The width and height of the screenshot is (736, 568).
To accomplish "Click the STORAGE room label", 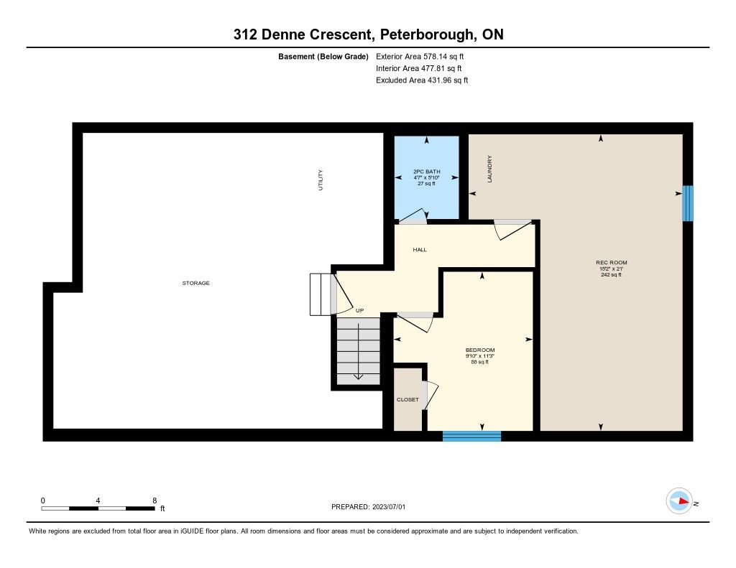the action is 195,283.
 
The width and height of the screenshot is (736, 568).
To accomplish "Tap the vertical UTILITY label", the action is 321,180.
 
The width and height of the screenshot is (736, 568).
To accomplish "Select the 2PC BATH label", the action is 427,172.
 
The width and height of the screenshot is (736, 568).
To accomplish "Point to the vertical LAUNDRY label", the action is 489,169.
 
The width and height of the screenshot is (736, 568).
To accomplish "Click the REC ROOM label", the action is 611,263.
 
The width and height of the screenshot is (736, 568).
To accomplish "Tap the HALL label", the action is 420,249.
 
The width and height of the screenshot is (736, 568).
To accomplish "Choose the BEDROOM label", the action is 479,350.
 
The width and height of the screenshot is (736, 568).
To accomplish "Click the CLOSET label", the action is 408,400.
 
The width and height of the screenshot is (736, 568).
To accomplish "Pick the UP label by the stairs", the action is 359,310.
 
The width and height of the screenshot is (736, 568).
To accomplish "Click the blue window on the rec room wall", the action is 687,203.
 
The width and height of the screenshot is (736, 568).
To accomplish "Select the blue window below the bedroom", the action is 471,436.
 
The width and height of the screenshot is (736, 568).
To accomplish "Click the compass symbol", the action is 679,501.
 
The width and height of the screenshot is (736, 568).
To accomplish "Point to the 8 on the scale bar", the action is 155,501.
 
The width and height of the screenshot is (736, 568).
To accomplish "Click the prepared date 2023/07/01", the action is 389,506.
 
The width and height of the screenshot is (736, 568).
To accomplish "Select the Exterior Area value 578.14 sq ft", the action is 443,56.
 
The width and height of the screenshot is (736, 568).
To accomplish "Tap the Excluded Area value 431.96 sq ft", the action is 448,80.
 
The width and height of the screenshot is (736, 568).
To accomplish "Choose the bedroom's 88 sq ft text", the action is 479,362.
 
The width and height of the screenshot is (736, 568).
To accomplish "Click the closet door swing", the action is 431,395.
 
